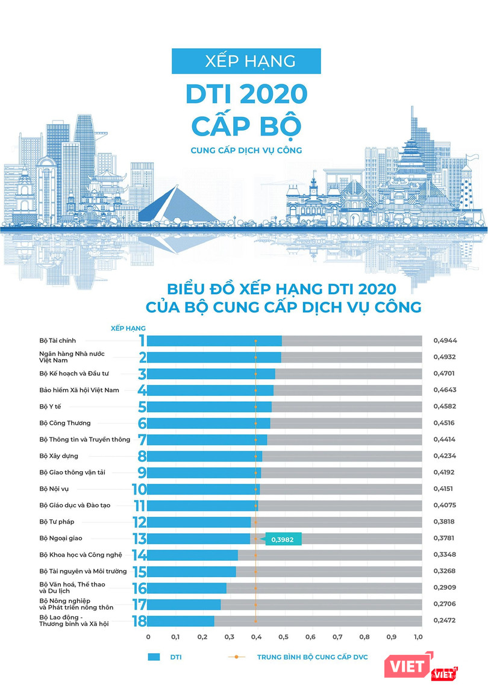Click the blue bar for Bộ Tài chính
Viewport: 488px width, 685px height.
[214, 341]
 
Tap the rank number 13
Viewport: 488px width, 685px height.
[139, 539]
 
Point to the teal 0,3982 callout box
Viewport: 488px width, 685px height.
[283, 540]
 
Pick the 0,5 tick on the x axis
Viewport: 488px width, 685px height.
[284, 636]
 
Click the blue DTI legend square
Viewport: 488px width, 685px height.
[154, 657]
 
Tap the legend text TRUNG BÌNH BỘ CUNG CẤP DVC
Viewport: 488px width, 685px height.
[312, 657]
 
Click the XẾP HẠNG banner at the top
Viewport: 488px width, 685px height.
[246, 61]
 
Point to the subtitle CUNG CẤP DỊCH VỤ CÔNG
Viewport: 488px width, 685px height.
[246, 150]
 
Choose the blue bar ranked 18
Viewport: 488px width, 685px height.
[181, 621]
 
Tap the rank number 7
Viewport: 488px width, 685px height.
[142, 440]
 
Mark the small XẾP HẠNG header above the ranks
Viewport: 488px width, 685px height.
[128, 328]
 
